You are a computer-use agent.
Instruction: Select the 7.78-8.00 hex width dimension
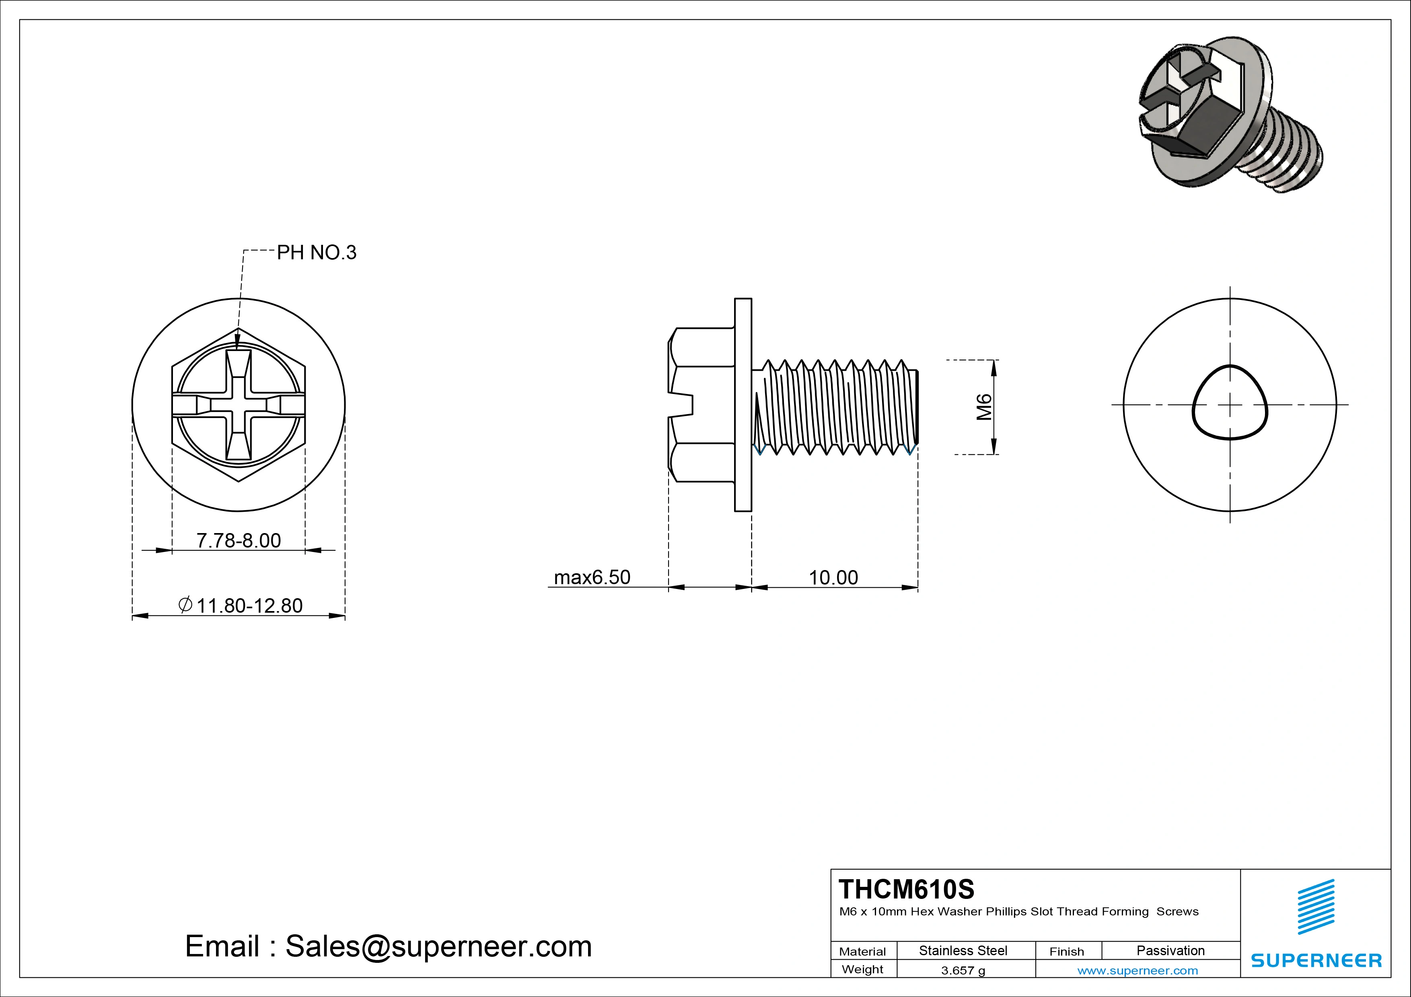[239, 541]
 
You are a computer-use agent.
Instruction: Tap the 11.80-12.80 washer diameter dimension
[249, 606]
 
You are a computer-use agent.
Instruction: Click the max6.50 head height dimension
[592, 577]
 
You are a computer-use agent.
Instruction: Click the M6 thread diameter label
[984, 407]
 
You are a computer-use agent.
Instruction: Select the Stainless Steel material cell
[963, 950]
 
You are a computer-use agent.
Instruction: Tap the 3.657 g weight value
[963, 970]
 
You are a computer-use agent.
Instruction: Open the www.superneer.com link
[1137, 970]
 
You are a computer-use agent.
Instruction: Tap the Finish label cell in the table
[1066, 952]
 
